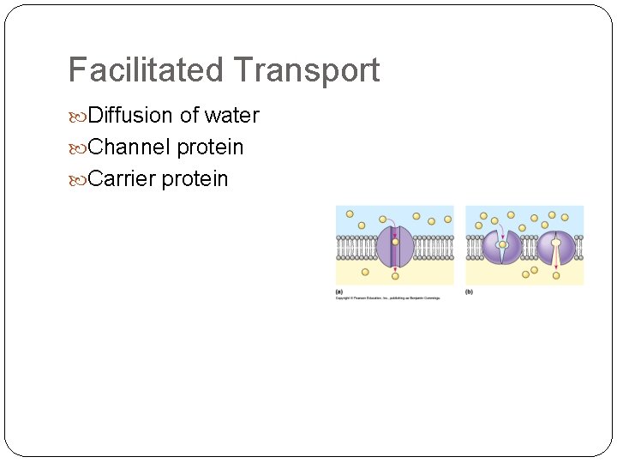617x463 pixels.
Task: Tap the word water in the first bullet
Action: click(231, 116)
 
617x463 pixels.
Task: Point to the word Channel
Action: click(129, 147)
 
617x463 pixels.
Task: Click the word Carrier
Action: click(122, 179)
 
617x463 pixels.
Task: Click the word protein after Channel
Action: click(210, 147)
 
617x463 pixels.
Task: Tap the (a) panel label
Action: click(339, 292)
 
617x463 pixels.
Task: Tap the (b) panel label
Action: click(469, 292)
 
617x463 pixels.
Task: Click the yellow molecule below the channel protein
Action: click(395, 275)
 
